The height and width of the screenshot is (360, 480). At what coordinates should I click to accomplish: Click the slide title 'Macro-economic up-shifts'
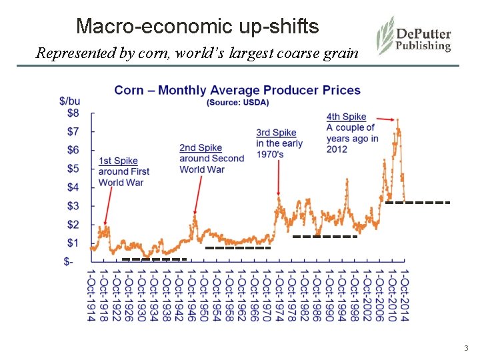(x=197, y=27)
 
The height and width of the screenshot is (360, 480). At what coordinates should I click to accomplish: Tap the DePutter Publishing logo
(x=414, y=36)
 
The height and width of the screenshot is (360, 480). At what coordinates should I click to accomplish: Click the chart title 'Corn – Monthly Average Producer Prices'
(x=237, y=90)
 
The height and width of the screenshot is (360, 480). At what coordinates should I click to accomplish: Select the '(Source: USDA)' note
(x=237, y=102)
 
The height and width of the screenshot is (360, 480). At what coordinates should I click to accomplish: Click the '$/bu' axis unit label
(x=70, y=101)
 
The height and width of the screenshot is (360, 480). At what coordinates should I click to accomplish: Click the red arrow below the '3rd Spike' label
(x=278, y=178)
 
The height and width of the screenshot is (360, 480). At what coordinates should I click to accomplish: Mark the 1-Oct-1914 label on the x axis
(x=91, y=295)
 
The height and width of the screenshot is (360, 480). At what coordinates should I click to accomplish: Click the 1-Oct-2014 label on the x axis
(x=404, y=295)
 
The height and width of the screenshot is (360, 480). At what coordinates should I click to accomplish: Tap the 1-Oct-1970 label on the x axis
(x=266, y=295)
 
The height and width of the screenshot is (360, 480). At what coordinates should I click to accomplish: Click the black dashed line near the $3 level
(x=417, y=202)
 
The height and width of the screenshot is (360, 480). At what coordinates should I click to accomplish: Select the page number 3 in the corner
(x=466, y=348)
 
